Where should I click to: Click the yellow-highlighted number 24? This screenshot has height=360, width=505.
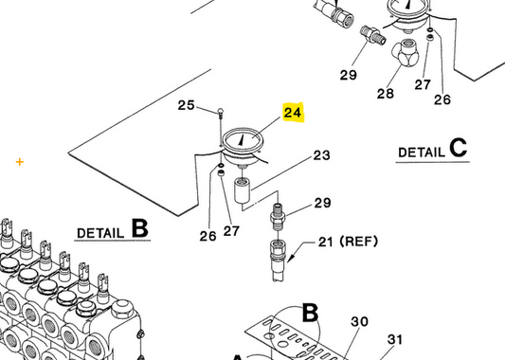pos(293,113)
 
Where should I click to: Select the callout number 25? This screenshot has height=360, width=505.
pos(187,105)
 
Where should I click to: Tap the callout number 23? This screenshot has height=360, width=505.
pos(321,155)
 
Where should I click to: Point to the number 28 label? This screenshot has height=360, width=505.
pos(385,94)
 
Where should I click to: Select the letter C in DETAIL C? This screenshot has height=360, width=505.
pos(459,148)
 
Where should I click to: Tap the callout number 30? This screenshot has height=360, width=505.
pos(359,322)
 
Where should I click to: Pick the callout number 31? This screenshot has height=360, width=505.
pos(395,340)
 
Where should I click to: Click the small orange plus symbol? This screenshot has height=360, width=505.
pos(19,162)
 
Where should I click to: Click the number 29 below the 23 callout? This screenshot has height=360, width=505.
pos(322,203)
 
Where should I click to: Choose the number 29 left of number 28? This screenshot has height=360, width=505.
pos(348,75)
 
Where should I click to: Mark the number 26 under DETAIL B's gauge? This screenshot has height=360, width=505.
pos(207,236)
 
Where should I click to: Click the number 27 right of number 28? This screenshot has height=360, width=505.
pos(423,84)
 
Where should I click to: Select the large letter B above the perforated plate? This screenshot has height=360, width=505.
pos(310,313)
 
